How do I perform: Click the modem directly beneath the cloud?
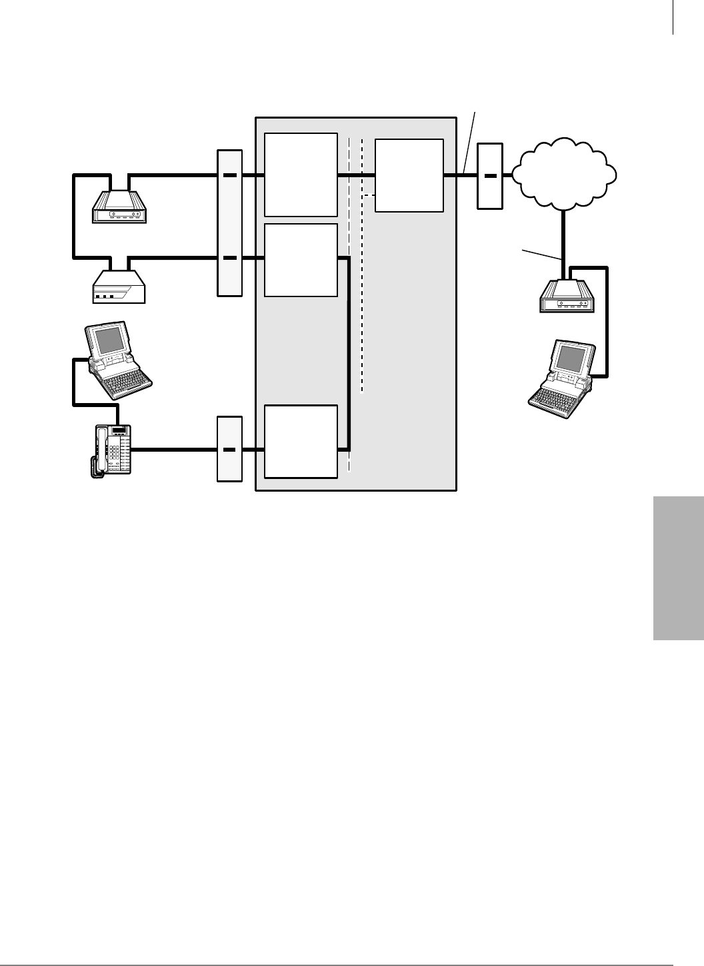click(x=566, y=297)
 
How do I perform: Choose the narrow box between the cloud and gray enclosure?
click(x=490, y=175)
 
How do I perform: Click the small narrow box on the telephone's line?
click(x=229, y=448)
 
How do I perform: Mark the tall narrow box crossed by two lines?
click(x=229, y=223)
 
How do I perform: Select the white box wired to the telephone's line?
click(x=301, y=440)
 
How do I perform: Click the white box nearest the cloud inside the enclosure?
click(x=409, y=175)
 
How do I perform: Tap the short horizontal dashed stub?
click(x=369, y=195)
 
